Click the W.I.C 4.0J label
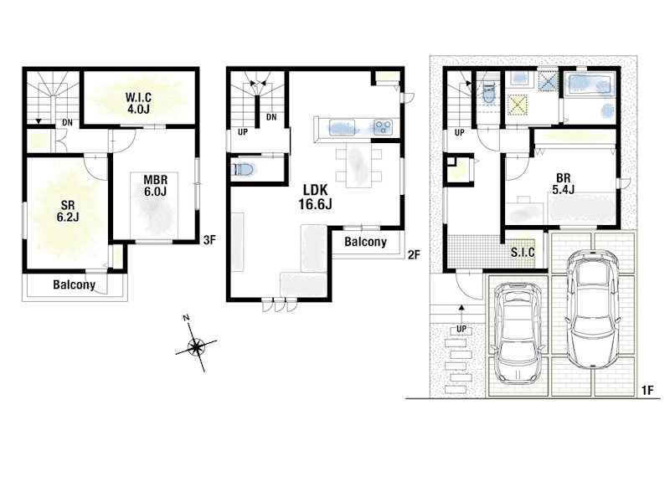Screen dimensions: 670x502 pos(138,103)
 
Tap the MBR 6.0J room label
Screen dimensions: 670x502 pos(155,186)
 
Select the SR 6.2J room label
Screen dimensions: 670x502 pos(68,212)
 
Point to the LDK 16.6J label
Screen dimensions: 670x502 pos(316,197)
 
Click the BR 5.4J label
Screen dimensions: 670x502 pos(563,183)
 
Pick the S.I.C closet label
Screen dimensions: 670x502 pos(523,252)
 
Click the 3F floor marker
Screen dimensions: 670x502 pos(209,240)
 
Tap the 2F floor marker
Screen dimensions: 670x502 pos(414,255)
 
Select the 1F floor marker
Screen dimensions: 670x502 pos(647,390)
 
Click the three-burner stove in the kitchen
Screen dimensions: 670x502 pos(383,127)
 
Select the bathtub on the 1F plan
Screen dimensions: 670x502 pos(588,85)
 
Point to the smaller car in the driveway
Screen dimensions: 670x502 pos(518,331)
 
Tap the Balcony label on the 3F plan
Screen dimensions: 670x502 pos(74,284)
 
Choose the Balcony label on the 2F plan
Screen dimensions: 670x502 pos(365,242)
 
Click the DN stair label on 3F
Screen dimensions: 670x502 pos(67,123)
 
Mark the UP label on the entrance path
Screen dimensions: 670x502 pos(461,329)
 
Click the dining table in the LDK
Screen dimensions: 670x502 pos(358,165)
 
